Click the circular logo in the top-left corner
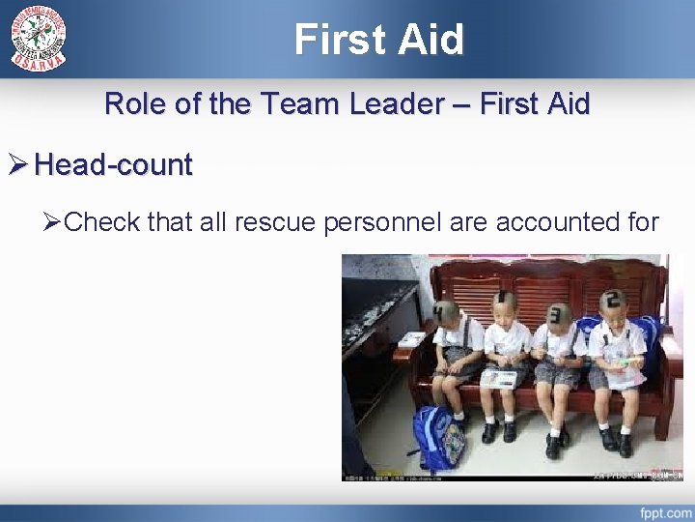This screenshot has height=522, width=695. (39, 37)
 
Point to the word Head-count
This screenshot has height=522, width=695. (114, 165)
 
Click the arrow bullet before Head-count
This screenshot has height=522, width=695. (17, 165)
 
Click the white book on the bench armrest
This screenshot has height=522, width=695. (413, 339)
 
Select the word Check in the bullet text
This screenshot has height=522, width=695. (103, 222)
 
